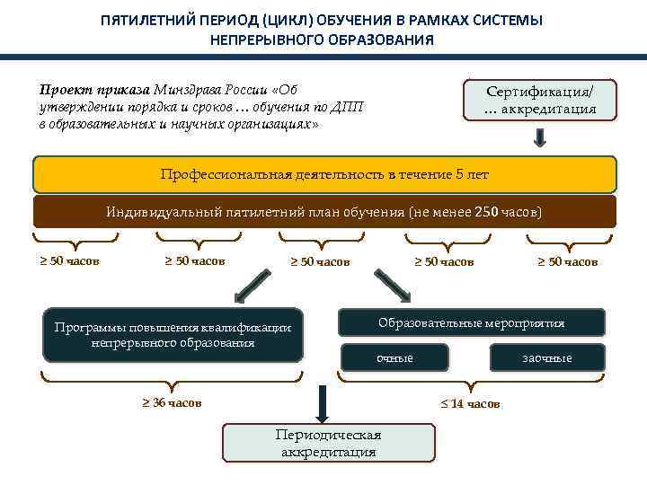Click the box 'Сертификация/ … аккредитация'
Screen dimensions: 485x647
tap(539, 100)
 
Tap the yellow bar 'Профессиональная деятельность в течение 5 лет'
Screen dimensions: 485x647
tap(324, 174)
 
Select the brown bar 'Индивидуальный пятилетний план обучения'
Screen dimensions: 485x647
tap(324, 212)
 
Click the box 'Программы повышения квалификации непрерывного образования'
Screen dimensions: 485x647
tap(173, 336)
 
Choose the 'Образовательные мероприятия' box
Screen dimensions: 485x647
tap(471, 322)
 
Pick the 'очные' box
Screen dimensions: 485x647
tap(394, 357)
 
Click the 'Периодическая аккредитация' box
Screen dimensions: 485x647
tap(328, 443)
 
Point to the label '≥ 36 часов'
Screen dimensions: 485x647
tap(172, 402)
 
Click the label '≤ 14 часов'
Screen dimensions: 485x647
tap(470, 403)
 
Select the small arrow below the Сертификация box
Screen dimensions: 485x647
tap(541, 137)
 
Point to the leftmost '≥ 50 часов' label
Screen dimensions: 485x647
tap(69, 261)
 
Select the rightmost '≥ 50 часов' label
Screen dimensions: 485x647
tap(567, 262)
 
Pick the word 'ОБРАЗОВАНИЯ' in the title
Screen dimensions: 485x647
tap(382, 40)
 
